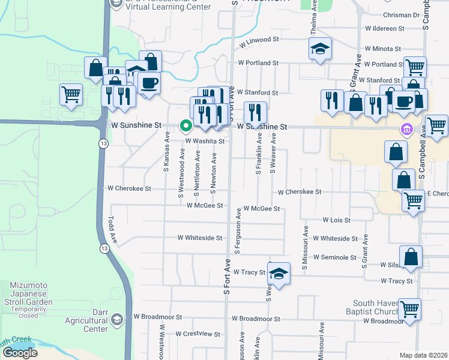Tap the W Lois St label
point(336,221)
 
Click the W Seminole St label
point(336,257)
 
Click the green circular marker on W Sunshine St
point(186,126)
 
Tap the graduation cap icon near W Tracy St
point(279,274)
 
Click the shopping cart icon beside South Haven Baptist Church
point(410,310)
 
